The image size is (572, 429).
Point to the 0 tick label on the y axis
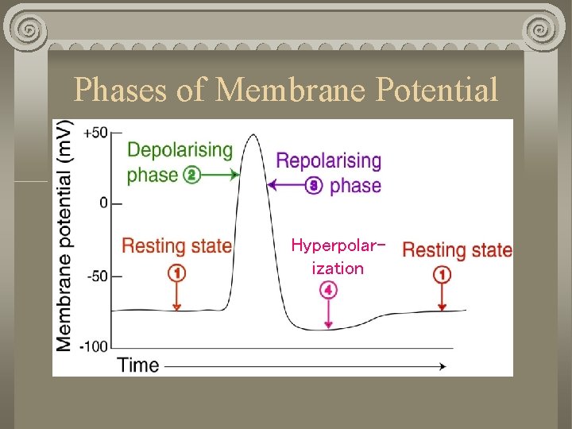(103, 203)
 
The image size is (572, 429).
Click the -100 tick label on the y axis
(94, 346)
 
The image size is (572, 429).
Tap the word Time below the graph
(138, 365)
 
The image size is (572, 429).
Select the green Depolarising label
(180, 149)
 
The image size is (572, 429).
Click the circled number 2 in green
(191, 175)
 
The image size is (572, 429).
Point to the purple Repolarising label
(328, 160)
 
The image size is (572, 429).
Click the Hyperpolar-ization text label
(337, 256)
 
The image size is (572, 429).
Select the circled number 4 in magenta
(328, 291)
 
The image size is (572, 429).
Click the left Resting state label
(176, 245)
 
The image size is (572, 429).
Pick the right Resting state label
(457, 249)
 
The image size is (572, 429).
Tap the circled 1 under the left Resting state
(177, 273)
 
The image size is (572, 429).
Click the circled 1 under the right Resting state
(443, 275)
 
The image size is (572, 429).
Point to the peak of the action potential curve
(253, 136)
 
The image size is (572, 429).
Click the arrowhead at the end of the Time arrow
(441, 366)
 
